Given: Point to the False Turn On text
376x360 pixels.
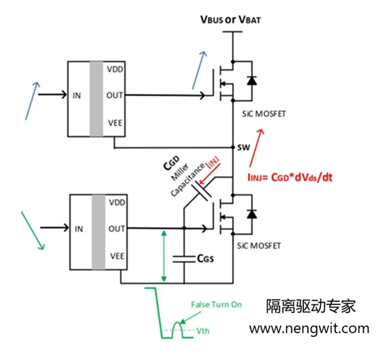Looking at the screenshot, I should [217, 305].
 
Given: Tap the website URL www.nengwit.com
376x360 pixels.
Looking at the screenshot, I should [308, 329].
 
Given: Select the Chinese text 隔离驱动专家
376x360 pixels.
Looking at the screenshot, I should [310, 306].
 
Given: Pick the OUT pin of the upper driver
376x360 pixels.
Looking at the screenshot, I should [114, 96].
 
